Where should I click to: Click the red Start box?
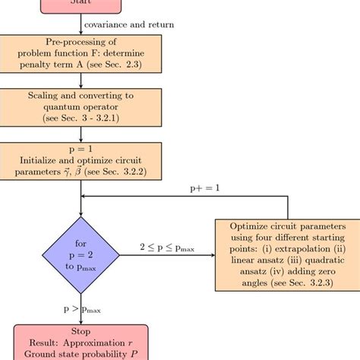[x=80, y=5]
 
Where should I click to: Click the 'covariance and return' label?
[x=128, y=24]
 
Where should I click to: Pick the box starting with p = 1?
[x=80, y=161]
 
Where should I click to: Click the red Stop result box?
[x=80, y=342]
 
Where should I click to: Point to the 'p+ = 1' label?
[x=205, y=188]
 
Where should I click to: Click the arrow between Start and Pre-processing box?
[x=80, y=25]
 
